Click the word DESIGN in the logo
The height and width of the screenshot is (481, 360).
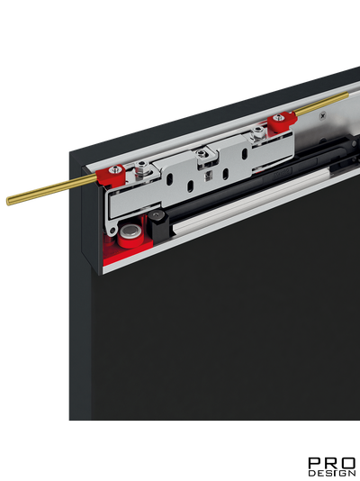(x=332, y=472)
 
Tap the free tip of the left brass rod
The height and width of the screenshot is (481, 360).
(x=8, y=201)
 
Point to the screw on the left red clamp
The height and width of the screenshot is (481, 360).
(x=115, y=168)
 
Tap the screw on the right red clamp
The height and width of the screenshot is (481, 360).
(x=278, y=117)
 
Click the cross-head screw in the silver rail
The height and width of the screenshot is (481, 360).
(x=322, y=116)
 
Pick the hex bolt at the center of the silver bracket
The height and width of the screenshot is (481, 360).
(x=201, y=153)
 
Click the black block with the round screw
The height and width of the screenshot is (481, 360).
(x=157, y=224)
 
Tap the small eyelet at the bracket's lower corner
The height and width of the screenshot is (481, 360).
(x=112, y=230)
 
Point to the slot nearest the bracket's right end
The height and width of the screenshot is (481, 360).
(x=245, y=153)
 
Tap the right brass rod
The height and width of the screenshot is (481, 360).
(x=321, y=104)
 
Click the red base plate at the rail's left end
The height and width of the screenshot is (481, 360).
(x=128, y=252)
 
